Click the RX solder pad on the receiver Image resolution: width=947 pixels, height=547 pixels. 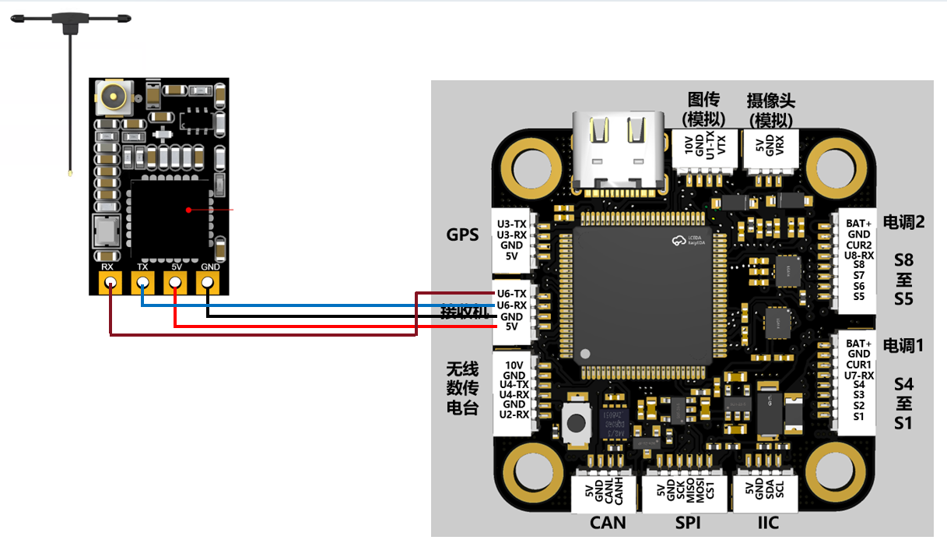[x=110, y=283]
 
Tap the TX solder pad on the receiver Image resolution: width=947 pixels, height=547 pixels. [x=143, y=283]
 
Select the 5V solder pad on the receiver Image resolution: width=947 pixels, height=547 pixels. [x=176, y=283]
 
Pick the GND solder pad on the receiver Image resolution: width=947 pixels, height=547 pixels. [x=209, y=283]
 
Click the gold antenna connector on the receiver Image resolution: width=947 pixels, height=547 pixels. [x=112, y=98]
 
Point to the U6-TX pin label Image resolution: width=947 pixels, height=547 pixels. [x=512, y=294]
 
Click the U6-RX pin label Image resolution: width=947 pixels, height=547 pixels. [x=512, y=305]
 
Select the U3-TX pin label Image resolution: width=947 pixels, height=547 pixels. [x=512, y=224]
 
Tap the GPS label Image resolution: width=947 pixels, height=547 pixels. [x=462, y=235]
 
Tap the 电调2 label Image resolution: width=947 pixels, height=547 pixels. [x=903, y=221]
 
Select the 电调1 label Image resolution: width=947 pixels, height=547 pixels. [x=903, y=344]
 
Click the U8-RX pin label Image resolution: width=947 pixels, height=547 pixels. [x=858, y=255]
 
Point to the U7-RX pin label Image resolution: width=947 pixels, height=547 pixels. [x=858, y=376]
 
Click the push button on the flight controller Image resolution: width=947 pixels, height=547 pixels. [x=577, y=423]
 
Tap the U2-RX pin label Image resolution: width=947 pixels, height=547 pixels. [x=514, y=415]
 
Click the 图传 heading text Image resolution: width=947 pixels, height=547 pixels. [x=703, y=101]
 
